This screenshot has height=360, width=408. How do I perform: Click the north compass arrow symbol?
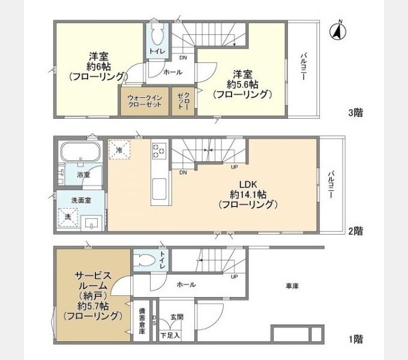pyautogui.click(x=338, y=31)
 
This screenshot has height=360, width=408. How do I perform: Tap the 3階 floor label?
pyautogui.click(x=356, y=112)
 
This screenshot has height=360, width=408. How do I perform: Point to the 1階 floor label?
pyautogui.click(x=356, y=339)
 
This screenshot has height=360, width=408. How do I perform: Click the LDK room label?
pyautogui.click(x=248, y=184)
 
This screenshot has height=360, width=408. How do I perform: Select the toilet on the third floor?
pyautogui.click(x=157, y=37)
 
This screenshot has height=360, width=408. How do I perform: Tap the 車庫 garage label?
pyautogui.click(x=292, y=287)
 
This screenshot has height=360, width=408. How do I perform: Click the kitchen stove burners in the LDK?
pyautogui.click(x=158, y=151)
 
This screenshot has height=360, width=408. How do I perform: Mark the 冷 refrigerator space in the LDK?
pyautogui.click(x=119, y=149)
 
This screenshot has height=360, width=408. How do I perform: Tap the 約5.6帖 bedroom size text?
pyautogui.click(x=242, y=84)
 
